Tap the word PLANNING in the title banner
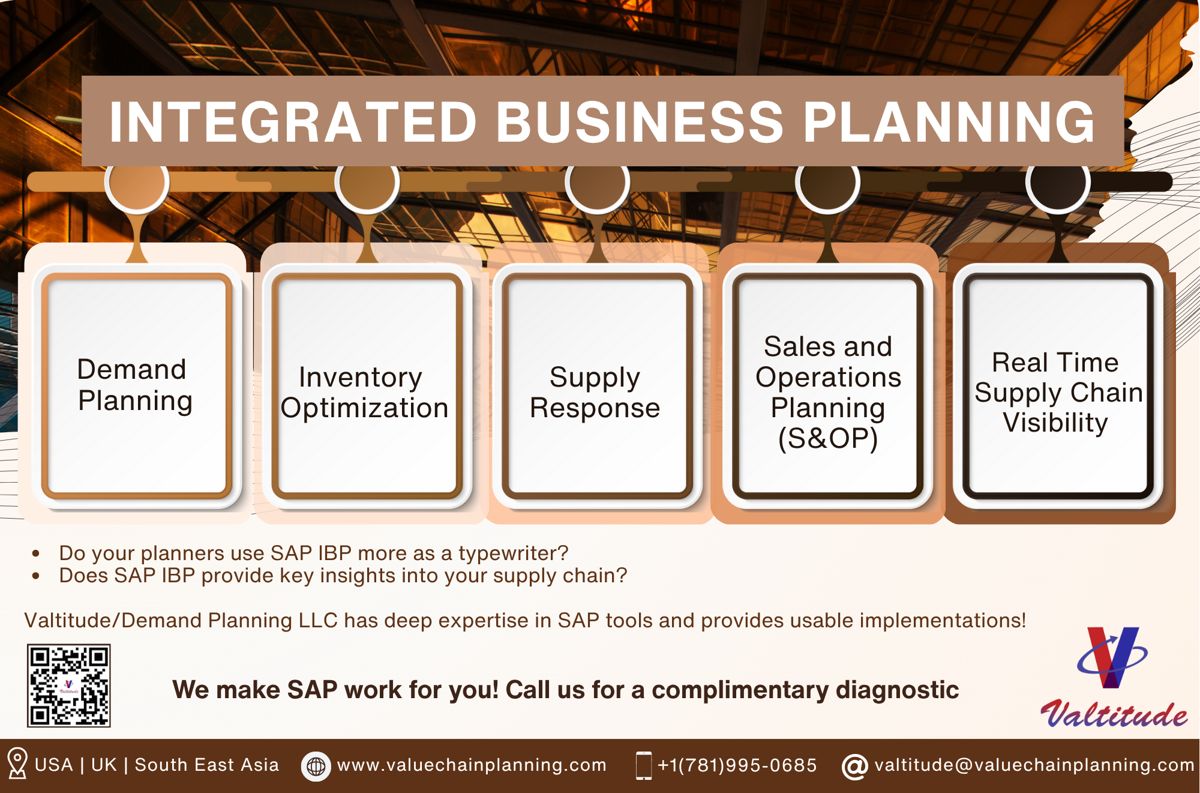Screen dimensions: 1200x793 [949, 122]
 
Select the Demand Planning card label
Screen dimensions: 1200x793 [135, 385]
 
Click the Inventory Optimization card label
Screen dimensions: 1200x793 [364, 393]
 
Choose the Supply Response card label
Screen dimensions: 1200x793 [595, 393]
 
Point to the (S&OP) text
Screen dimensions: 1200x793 [828, 439]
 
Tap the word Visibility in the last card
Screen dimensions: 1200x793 [1055, 423]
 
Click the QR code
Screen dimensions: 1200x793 [69, 686]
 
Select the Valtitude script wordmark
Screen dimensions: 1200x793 [1114, 714]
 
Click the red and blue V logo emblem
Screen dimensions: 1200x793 [1112, 657]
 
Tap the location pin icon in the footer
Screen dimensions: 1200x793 [17, 763]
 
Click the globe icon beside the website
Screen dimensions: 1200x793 [316, 766]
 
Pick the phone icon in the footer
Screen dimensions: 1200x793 [644, 765]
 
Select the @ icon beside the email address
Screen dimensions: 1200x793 [855, 767]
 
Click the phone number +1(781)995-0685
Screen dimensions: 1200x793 [737, 765]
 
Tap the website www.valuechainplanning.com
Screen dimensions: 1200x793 [472, 765]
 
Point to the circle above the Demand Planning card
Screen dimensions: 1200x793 [137, 182]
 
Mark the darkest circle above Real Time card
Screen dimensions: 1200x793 [1058, 182]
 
